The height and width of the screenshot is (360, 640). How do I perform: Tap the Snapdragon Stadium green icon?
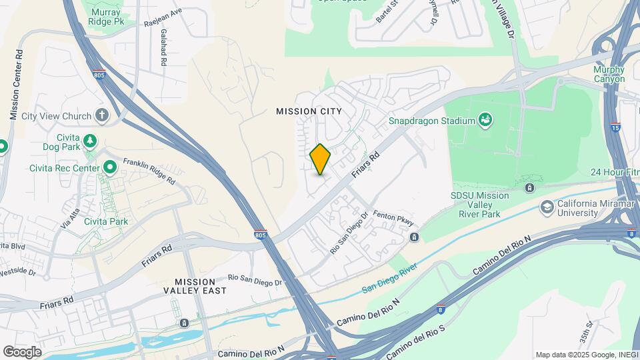pyautogui.click(x=486, y=120)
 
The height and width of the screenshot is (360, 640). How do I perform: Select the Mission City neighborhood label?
pyautogui.click(x=309, y=111)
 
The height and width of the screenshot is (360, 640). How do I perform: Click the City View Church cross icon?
pyautogui.click(x=102, y=116)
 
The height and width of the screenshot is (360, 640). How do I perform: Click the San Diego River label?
pyautogui.click(x=389, y=279)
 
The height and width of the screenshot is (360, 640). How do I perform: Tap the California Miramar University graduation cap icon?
pyautogui.click(x=547, y=207)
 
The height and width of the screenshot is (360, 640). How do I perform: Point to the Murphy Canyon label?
pyautogui.click(x=609, y=74)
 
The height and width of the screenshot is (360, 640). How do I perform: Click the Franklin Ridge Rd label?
pyautogui.click(x=149, y=171)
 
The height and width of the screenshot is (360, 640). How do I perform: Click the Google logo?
pyautogui.click(x=22, y=351)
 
